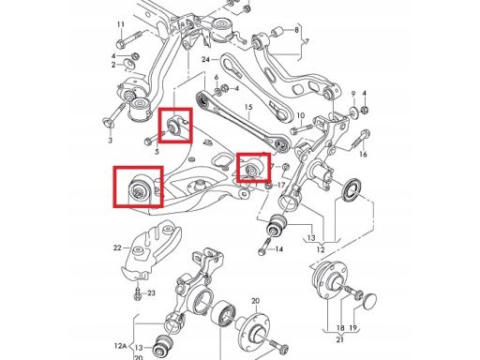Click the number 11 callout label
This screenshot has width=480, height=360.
point(121,24)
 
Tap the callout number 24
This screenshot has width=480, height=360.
point(205,59)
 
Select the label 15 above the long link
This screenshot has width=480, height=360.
point(248,107)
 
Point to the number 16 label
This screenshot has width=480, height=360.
point(363,154)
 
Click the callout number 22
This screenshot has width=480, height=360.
point(117,247)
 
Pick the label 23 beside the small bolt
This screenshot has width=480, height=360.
point(151,293)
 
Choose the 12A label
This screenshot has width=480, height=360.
point(120,346)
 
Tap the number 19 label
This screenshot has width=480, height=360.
point(353,328)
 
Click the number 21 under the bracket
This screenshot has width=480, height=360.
point(340,339)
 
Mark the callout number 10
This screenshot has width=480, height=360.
point(300,115)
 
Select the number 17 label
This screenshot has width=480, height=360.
point(281,186)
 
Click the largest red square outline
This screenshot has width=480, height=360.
point(139,187)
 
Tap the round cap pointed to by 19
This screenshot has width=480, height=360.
point(368,301)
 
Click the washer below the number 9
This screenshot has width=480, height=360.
point(353,111)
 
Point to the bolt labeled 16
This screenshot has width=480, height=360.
point(361,140)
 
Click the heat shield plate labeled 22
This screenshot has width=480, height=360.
point(153,247)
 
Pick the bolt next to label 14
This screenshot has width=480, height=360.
point(265,246)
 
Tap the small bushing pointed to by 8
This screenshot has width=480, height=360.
point(277,32)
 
